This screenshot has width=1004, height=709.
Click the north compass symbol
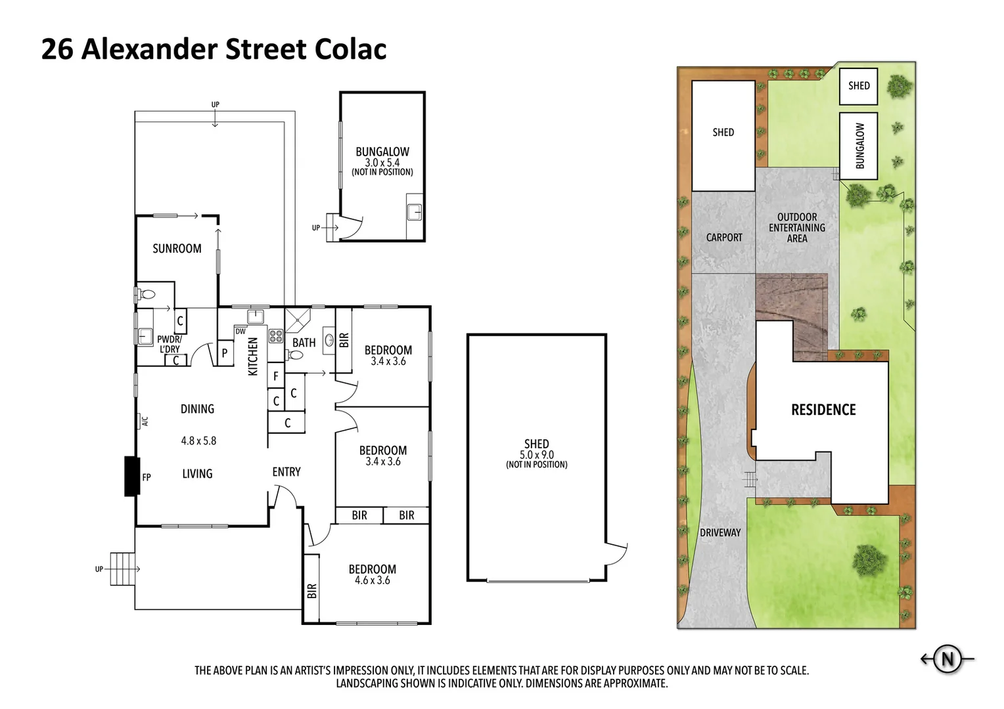tap(947, 658)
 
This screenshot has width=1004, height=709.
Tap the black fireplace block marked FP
tap(132, 476)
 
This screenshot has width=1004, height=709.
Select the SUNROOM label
tap(177, 248)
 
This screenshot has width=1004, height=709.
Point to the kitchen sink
tap(256, 317)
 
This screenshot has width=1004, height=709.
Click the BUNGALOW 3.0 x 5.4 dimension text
tap(382, 162)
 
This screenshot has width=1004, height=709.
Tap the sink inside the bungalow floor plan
tap(414, 212)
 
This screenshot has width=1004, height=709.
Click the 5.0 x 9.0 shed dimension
tap(536, 454)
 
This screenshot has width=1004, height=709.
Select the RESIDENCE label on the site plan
tap(823, 410)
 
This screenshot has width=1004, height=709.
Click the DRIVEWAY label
tap(720, 532)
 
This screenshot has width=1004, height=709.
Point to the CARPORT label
tap(724, 237)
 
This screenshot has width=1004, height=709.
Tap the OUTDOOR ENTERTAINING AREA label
tap(797, 227)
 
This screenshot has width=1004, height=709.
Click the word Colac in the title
tap(350, 49)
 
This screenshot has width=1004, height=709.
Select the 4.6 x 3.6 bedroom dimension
tap(373, 580)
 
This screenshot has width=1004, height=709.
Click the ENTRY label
tap(286, 472)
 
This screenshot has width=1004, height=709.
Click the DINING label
tap(197, 408)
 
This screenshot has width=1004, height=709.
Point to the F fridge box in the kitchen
tap(276, 376)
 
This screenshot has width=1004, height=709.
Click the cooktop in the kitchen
tap(275, 337)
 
